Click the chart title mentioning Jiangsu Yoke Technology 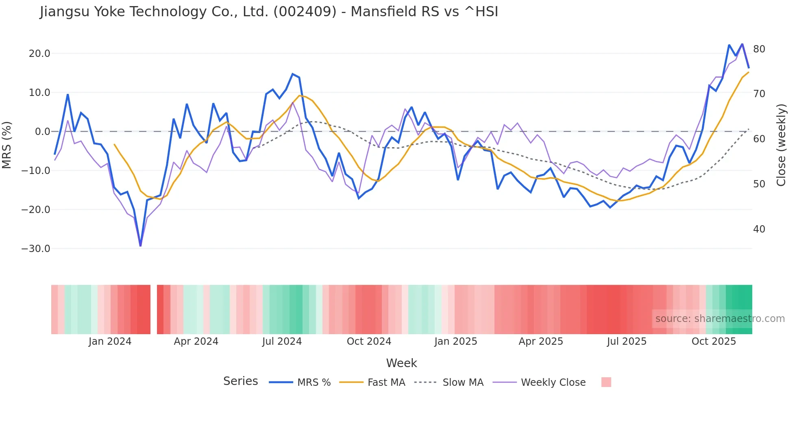coord(269,12)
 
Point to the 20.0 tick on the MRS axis coord(39,54)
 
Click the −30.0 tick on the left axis coord(36,249)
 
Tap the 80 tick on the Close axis coord(759,49)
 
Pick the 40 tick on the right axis coord(759,229)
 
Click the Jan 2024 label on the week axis coord(110,341)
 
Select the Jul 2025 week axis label coord(627,341)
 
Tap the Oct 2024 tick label coord(369,341)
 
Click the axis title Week coord(401,363)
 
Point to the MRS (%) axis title coord(7,145)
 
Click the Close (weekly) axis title coord(781,145)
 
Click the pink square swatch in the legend coord(606,382)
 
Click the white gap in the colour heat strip coord(154,309)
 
